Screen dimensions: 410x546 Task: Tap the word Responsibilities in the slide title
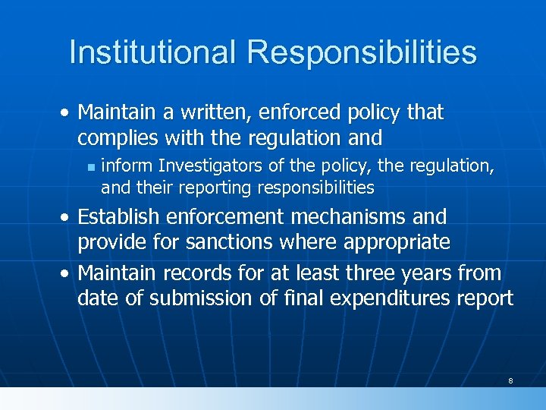(x=362, y=52)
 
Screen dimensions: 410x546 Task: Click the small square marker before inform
(x=89, y=166)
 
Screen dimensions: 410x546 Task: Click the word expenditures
(x=395, y=298)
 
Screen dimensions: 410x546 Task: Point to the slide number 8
(x=510, y=380)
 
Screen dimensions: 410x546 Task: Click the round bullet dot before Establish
(x=67, y=218)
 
